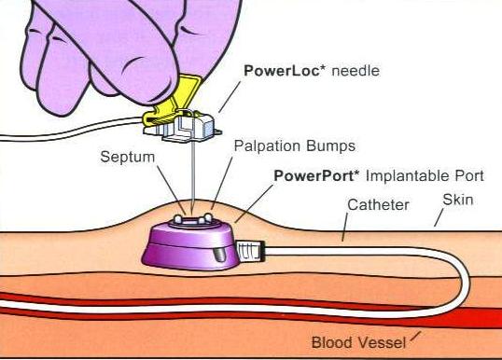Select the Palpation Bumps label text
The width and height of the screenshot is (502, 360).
tap(283, 146)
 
